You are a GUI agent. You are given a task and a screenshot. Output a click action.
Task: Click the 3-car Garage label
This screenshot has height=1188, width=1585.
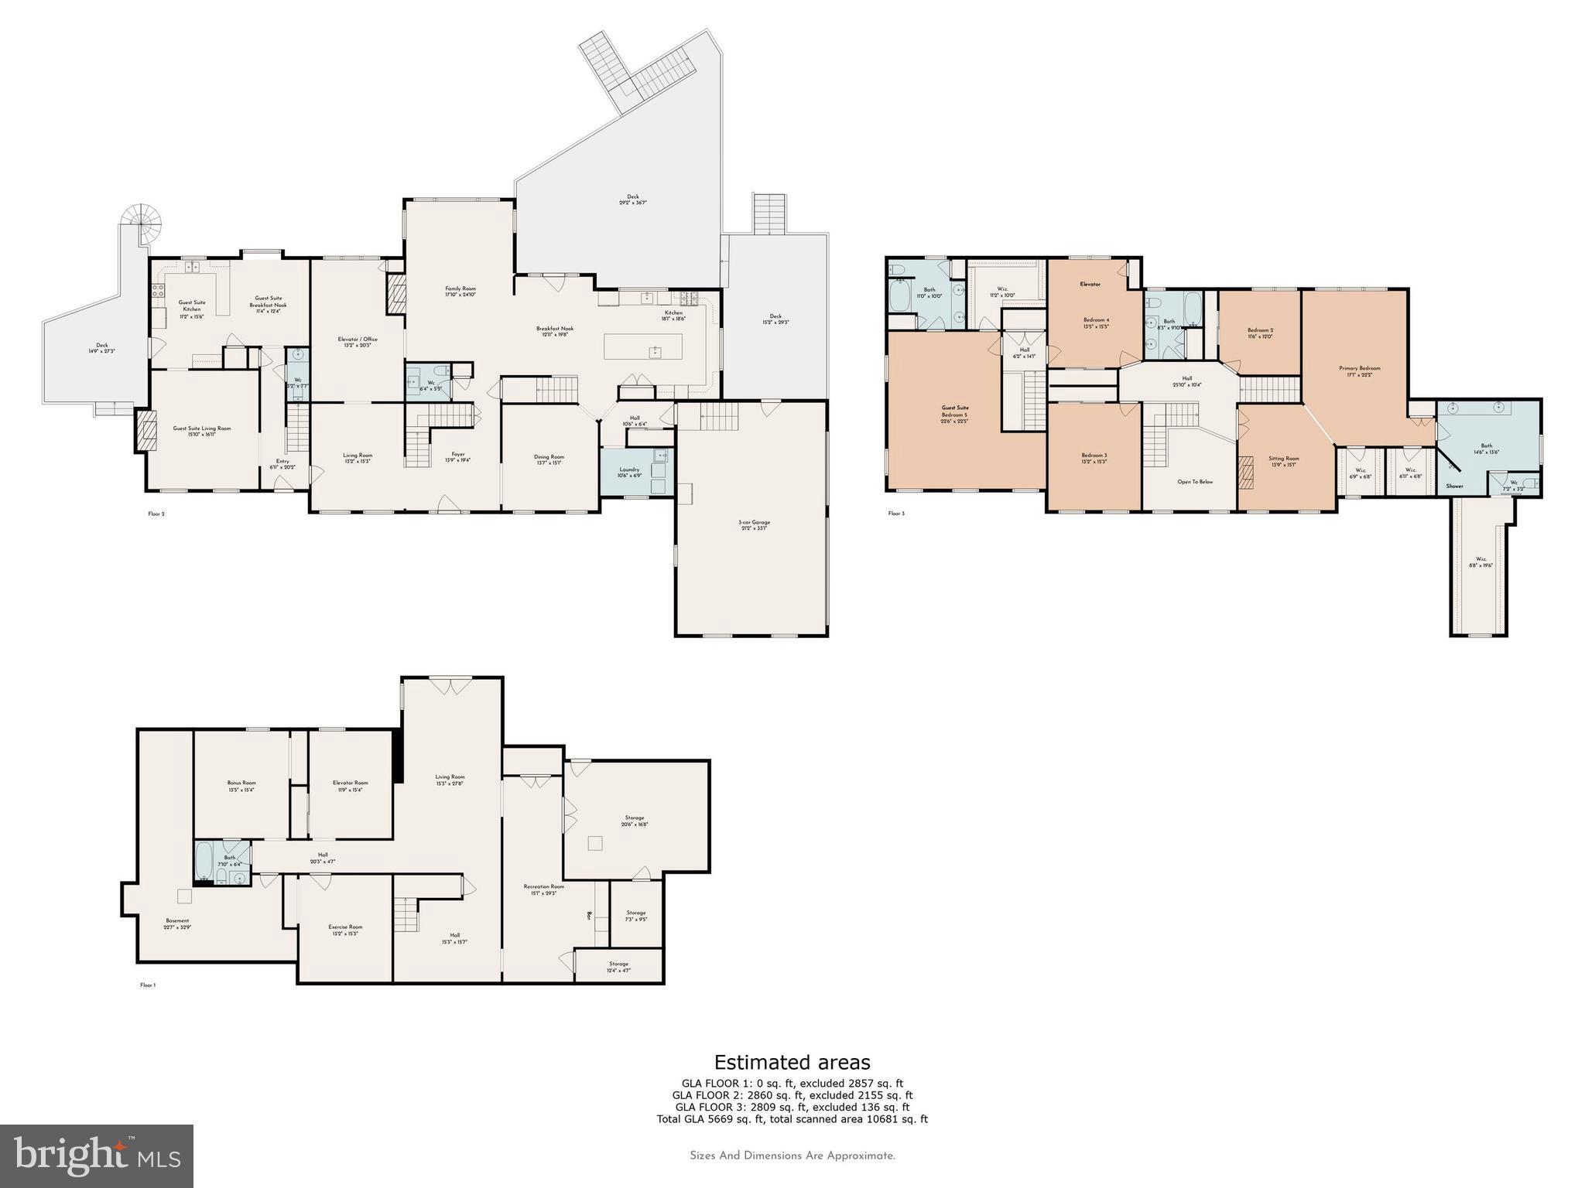coord(754,525)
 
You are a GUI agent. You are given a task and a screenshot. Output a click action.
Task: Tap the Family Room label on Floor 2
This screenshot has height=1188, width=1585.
coord(460,292)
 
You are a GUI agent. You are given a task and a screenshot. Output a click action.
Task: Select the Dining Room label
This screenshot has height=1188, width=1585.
coord(549,459)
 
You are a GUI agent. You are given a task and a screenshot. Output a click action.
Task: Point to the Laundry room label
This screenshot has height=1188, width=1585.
coord(628,472)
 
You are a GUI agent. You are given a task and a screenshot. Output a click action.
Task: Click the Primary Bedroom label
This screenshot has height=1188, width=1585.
coord(1360,371)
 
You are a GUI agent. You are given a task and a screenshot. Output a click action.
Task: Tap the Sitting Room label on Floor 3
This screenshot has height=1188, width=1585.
coord(1284,461)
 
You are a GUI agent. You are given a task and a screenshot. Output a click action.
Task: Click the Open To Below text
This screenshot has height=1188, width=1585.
coord(1195,482)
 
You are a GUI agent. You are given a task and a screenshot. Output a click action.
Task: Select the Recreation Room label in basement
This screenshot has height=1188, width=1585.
coord(543,889)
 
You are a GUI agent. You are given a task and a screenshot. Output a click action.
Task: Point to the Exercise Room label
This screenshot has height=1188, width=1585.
coord(345,930)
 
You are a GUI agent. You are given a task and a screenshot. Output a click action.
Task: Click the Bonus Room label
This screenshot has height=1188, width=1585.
coord(241,786)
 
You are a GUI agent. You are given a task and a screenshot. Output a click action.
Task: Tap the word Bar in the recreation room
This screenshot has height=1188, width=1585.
coord(589,916)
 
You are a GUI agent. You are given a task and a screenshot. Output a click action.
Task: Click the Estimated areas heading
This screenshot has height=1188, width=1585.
coord(792,1062)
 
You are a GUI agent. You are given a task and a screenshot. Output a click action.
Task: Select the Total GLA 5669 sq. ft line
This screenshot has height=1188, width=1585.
coord(792,1118)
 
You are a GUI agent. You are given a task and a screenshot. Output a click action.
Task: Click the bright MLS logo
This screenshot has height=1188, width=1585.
coord(97,1156)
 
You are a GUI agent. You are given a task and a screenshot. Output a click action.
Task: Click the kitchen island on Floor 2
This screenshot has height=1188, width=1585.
coord(643,346)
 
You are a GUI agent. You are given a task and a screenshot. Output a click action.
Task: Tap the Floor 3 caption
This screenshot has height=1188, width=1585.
coord(896,514)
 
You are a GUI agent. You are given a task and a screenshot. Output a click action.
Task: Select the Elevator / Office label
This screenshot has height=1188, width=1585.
coord(358,342)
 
